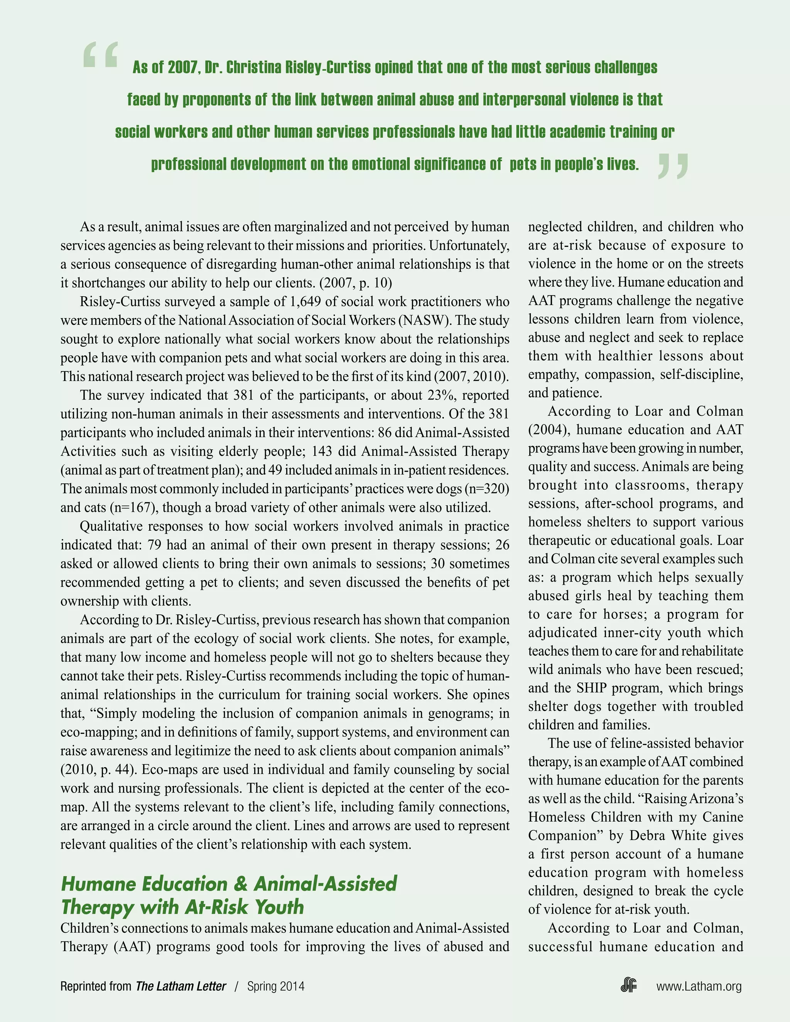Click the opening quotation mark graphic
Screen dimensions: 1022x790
[100, 55]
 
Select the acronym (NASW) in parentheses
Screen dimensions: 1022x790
[424, 320]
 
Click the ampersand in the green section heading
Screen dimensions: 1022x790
[240, 884]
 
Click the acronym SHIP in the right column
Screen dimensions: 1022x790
[592, 688]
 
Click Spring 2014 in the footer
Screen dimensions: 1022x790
[276, 987]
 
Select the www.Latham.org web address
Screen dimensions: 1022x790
[699, 987]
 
